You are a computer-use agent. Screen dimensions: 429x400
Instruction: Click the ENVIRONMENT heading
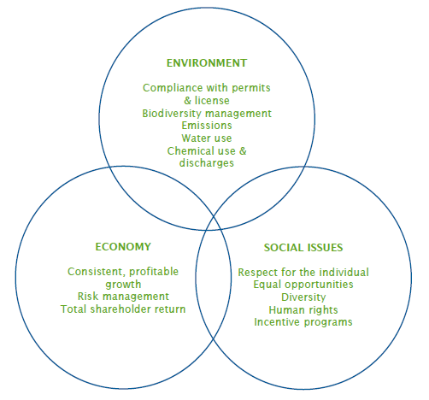click(207, 63)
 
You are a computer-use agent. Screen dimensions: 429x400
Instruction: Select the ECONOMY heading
click(123, 247)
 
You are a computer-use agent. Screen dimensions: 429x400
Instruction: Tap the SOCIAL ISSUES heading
click(303, 248)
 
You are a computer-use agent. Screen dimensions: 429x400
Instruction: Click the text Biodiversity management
click(207, 114)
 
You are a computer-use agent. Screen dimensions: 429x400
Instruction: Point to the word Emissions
click(207, 126)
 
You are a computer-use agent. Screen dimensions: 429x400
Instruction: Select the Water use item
click(207, 138)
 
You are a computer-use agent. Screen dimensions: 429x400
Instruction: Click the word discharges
click(207, 163)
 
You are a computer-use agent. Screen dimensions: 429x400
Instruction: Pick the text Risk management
click(123, 297)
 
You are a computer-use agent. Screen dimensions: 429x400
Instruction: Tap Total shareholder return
click(123, 309)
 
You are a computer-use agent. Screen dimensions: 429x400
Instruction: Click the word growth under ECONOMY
click(123, 285)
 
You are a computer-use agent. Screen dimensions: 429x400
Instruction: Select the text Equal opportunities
click(303, 285)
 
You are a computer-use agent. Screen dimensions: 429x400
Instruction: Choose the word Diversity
click(303, 297)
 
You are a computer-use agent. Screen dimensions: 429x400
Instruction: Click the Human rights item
click(303, 309)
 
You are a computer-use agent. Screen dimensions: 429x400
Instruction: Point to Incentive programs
click(303, 322)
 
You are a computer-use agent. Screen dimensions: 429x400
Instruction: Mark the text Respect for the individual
click(303, 272)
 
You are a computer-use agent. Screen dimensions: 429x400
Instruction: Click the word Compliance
click(172, 88)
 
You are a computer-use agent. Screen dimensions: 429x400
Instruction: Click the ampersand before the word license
click(187, 101)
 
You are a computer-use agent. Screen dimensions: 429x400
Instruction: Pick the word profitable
click(154, 272)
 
